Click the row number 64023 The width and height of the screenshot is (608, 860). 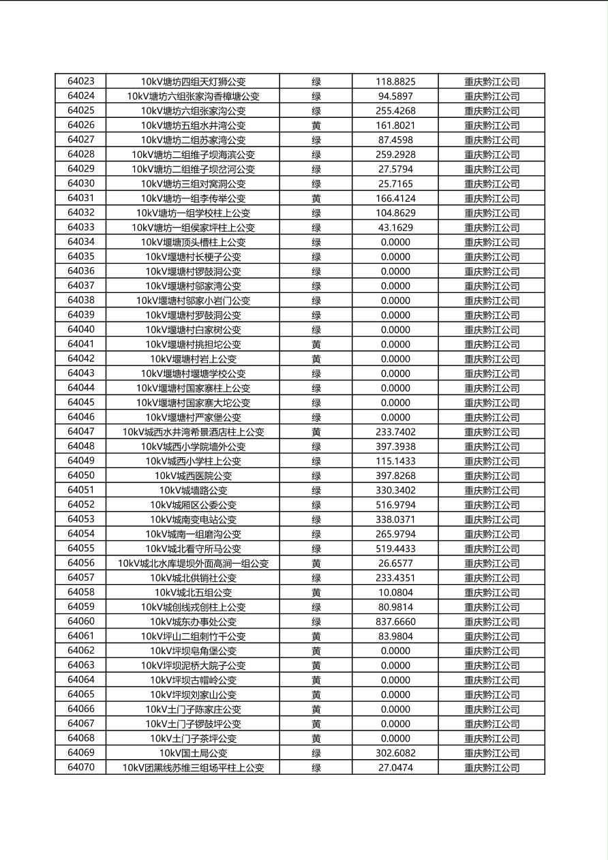(x=81, y=81)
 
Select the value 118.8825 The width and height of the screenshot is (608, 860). (x=395, y=81)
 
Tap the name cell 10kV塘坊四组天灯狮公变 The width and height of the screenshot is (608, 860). (x=193, y=81)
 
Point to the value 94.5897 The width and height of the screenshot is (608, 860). (x=395, y=96)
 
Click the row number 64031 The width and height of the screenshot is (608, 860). (x=81, y=198)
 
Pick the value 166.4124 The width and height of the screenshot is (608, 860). (x=395, y=198)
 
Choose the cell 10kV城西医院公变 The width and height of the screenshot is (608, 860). (x=193, y=476)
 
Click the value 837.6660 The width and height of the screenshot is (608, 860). (x=395, y=621)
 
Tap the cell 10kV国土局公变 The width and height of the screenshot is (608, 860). (x=193, y=753)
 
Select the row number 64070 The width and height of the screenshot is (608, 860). (x=81, y=767)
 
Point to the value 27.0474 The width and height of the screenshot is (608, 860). (x=395, y=767)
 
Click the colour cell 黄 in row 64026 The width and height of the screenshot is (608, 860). (x=316, y=125)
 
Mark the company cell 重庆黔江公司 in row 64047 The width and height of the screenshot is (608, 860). (x=491, y=432)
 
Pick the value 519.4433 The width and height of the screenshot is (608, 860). (x=395, y=549)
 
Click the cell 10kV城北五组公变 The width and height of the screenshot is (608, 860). (x=193, y=592)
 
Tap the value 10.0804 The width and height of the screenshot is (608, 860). (x=395, y=592)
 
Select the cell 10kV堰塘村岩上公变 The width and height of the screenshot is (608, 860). (x=193, y=359)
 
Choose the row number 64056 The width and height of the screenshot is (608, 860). (x=81, y=563)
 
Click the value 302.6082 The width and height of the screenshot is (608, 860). (x=395, y=753)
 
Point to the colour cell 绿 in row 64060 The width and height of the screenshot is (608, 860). (x=316, y=621)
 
